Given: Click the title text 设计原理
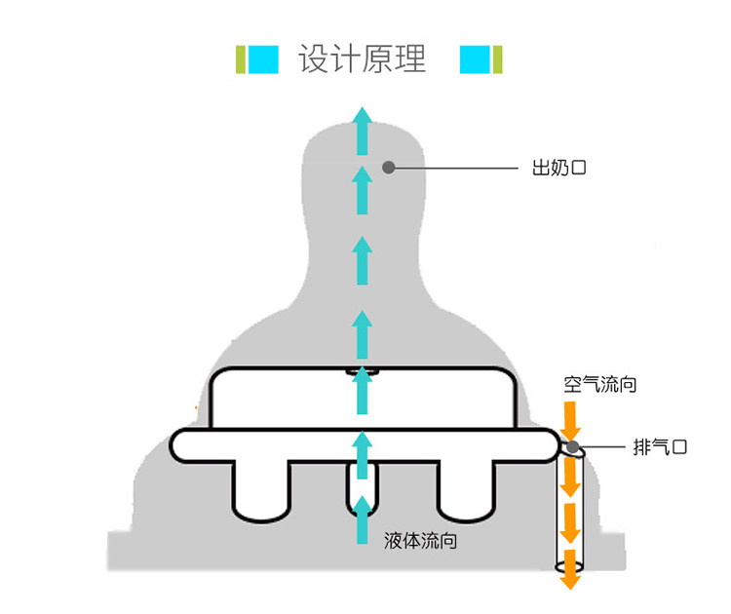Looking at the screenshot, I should [x=363, y=59].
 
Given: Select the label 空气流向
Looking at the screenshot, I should [x=600, y=384].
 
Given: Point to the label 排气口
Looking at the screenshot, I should [x=660, y=447].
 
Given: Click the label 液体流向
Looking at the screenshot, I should [x=421, y=540].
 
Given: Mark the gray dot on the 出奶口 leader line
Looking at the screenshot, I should [x=388, y=167].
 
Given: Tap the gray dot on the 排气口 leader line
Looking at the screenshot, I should [x=573, y=447].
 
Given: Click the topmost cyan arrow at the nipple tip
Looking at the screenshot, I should [x=363, y=130].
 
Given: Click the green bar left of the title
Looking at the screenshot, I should [x=240, y=59].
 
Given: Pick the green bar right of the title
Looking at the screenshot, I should [x=498, y=59].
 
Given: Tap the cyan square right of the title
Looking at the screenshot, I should [x=475, y=59].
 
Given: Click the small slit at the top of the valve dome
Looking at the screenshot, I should [x=363, y=371].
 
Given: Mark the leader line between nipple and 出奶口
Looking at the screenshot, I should [x=453, y=168].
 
